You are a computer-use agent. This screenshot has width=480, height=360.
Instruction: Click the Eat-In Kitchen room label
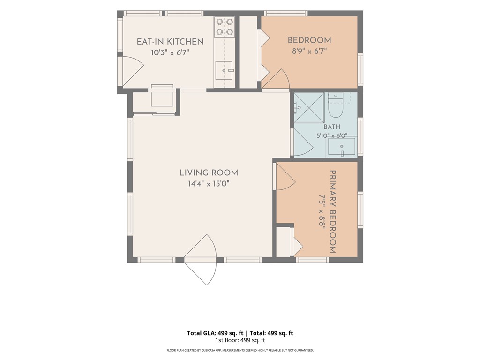tap(170, 42)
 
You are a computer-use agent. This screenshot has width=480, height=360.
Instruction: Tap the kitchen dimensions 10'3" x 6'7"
tap(170, 52)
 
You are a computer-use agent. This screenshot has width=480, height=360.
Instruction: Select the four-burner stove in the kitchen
tap(225, 27)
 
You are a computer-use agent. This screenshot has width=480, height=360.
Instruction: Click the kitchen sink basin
tap(224, 70)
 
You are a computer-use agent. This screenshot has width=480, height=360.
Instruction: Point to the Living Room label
tap(209, 172)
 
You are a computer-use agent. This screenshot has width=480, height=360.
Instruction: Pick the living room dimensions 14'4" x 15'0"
tap(209, 184)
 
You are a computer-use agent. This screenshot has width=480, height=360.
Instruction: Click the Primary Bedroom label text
tap(333, 211)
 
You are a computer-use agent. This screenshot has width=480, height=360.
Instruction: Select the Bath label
tap(332, 127)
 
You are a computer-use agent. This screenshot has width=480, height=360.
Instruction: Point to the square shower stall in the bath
tap(309, 108)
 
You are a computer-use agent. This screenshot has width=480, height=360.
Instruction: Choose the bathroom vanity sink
tap(342, 147)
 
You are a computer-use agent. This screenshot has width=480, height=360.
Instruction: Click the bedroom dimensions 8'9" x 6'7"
tap(309, 51)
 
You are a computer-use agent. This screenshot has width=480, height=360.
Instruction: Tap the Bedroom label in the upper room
tap(309, 40)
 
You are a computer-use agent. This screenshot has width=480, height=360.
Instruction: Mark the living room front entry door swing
tap(201, 260)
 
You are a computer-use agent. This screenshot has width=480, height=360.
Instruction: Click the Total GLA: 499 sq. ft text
tap(215, 333)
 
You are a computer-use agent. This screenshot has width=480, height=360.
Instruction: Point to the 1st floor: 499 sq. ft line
tap(240, 340)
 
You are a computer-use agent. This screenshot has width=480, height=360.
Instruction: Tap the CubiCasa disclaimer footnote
tap(240, 350)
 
